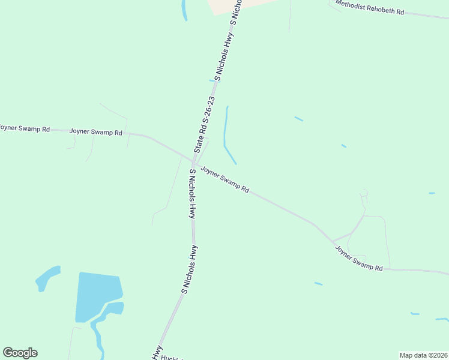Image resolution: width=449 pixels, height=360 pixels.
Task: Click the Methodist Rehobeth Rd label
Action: pos(370,8)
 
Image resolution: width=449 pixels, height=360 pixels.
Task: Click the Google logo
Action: pos(20,353)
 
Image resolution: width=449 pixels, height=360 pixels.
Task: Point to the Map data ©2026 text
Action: pos(423,355)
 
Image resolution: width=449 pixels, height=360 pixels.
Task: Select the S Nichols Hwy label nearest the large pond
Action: pos(190,269)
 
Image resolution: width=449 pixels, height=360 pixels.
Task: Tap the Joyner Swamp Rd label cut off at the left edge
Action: pos(25,128)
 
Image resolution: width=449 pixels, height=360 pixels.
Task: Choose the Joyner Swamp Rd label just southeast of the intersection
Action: pos(224,179)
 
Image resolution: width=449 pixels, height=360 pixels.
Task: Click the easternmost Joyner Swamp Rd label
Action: pos(358,258)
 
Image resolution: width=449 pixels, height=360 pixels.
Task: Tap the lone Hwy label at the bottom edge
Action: pos(157,354)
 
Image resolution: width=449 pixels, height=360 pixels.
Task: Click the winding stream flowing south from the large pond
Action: pos(97,336)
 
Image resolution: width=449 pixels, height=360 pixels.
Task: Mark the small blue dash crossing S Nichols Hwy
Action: pos(212,80)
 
